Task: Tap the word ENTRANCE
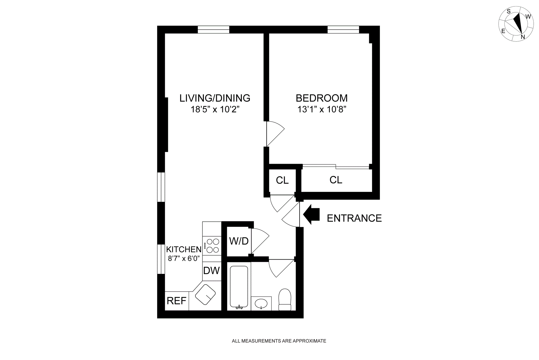[354, 218]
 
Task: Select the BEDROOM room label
[321, 98]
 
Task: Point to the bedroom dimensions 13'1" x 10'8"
[321, 109]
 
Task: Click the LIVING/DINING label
[215, 98]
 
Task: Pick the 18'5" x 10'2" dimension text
[215, 109]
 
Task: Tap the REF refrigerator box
[177, 301]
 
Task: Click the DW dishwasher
[211, 271]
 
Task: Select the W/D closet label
[239, 241]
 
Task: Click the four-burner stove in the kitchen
[212, 246]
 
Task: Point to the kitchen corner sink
[205, 294]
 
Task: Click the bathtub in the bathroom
[239, 287]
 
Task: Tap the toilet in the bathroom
[285, 299]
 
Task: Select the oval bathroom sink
[261, 304]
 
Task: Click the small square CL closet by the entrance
[282, 180]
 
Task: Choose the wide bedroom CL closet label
[336, 180]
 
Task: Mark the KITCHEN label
[184, 249]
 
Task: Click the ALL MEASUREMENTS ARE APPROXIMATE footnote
[279, 341]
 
